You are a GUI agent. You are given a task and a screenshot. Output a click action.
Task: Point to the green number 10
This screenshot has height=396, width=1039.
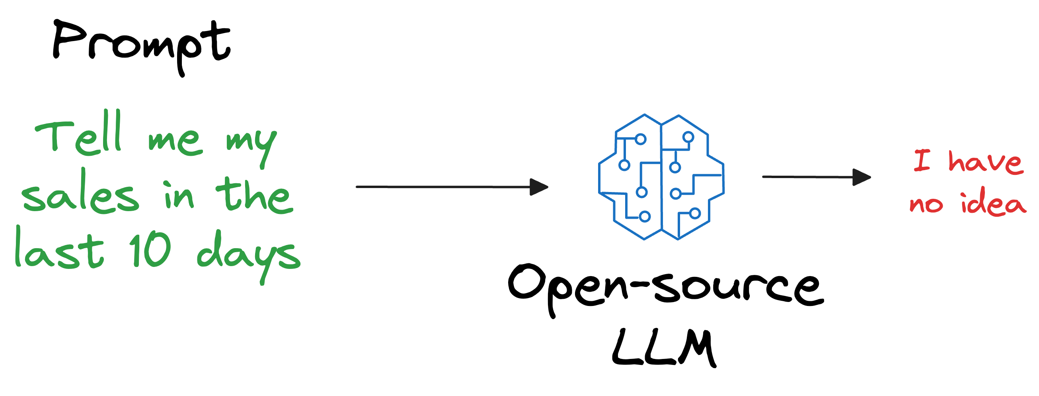pos(150,250)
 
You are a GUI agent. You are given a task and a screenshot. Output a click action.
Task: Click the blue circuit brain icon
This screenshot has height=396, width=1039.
pos(661,177)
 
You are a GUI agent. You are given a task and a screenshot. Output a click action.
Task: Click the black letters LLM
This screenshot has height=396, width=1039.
pos(664,348)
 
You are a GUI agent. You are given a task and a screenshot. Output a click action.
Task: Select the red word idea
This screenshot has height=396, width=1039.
pos(993,203)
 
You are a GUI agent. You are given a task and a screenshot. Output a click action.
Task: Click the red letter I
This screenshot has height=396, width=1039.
pos(922,160)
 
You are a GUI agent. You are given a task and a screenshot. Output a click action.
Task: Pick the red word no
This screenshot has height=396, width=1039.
pos(926,204)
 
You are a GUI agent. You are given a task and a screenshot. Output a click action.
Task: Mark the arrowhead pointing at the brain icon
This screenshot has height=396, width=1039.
pos(539,187)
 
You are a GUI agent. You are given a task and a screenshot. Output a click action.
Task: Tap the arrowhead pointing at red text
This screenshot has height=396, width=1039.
pos(862,177)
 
